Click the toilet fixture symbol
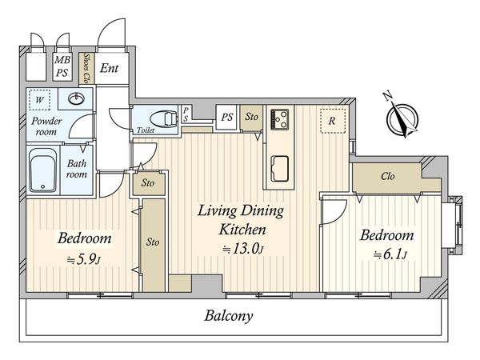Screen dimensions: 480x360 click(164, 118)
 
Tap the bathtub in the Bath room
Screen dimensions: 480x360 click(43, 170)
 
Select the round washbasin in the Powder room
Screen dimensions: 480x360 click(76, 98)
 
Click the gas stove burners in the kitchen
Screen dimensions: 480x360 click(279, 119)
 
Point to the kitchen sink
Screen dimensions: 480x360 click(280, 169)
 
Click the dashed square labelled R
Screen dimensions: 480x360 click(333, 121)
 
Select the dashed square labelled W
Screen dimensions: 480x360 click(39, 100)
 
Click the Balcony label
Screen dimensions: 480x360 click(229, 316)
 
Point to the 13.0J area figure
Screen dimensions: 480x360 click(242, 249)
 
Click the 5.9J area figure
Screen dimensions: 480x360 click(83, 260)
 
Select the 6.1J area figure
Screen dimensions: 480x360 click(390, 254)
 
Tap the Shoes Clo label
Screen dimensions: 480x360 click(86, 68)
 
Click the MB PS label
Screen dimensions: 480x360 click(62, 66)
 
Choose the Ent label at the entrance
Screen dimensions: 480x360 click(110, 68)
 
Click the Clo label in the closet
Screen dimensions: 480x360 click(388, 176)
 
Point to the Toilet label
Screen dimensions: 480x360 click(146, 130)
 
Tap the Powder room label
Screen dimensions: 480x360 click(46, 126)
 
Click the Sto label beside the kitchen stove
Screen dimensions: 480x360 click(252, 117)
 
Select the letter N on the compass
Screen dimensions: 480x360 click(388, 96)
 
